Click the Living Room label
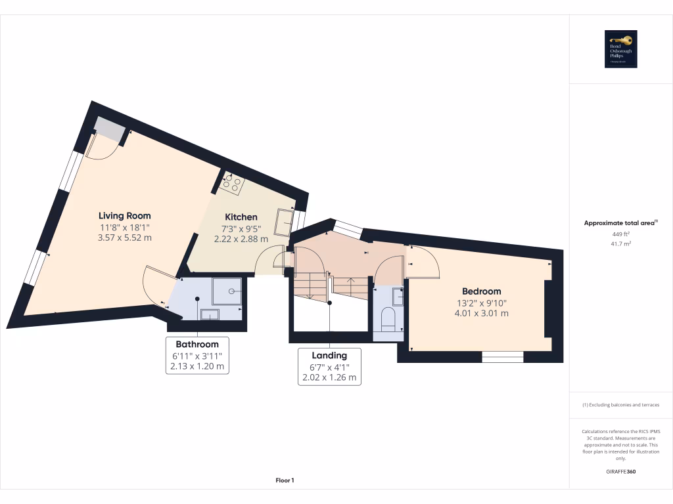(x=124, y=215)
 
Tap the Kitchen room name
(x=241, y=217)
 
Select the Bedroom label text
(x=481, y=291)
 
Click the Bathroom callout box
(x=197, y=355)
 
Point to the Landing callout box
(x=329, y=366)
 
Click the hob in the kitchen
(x=232, y=183)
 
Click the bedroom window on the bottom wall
(x=503, y=356)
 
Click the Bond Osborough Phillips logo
(x=621, y=49)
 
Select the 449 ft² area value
(x=620, y=234)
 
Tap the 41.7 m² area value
(x=620, y=243)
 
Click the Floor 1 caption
(x=285, y=480)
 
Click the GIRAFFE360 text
(x=620, y=471)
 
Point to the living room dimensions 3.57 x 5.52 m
(x=124, y=238)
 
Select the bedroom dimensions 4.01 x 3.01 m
(x=481, y=313)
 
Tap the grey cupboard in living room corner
(x=108, y=129)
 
